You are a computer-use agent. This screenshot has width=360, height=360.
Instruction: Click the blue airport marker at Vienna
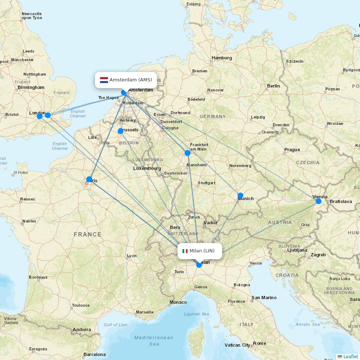click(x=318, y=201)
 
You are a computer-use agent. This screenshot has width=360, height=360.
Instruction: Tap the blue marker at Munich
click(x=240, y=195)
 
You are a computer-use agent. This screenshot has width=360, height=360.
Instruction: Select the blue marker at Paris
click(x=89, y=179)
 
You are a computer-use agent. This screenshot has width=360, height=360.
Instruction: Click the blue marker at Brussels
click(x=121, y=131)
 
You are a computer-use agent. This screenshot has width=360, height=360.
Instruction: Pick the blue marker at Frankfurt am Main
click(x=187, y=153)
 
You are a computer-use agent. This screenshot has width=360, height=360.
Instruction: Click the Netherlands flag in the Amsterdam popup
click(x=104, y=80)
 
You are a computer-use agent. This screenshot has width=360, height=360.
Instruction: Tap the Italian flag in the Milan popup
click(x=185, y=251)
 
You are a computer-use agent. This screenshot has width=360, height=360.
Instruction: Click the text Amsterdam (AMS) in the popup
click(x=131, y=80)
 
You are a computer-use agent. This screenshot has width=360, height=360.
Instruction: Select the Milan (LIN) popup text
click(x=202, y=251)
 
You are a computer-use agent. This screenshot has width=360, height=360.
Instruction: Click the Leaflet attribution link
click(x=350, y=356)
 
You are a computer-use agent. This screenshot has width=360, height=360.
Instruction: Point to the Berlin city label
click(x=273, y=86)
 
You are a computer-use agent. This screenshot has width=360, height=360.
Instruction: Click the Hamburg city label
click(x=222, y=58)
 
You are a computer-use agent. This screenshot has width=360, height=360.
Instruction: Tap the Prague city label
click(x=292, y=149)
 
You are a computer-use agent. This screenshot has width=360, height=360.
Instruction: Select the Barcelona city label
click(x=94, y=354)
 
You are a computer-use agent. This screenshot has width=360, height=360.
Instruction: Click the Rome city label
click(x=259, y=343)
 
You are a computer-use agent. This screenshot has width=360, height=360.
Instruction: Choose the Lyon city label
click(x=132, y=256)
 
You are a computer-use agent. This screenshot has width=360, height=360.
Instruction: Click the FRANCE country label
click(x=87, y=234)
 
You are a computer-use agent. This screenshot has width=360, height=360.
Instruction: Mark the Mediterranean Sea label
click(x=154, y=341)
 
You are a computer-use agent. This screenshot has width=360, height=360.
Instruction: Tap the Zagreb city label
click(x=318, y=255)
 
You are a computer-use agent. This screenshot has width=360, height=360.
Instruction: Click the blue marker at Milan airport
click(x=199, y=265)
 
